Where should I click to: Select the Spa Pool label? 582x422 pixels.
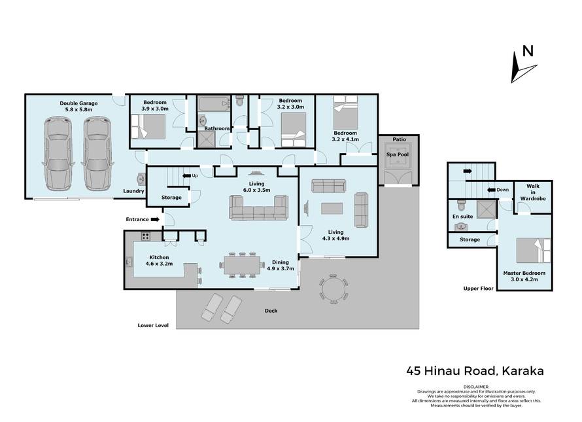tap(398, 154)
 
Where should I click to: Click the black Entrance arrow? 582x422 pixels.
tap(155, 219)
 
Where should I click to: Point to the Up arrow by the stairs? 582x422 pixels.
tap(186, 176)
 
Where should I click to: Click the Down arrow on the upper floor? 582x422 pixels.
tap(491, 190)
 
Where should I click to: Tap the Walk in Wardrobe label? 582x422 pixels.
tap(533, 192)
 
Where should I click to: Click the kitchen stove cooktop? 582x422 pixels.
tap(145, 236)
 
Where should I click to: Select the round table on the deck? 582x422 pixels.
tap(334, 289)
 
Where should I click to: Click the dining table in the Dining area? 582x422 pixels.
tap(242, 265)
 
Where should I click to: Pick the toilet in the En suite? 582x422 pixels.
tap(462, 205)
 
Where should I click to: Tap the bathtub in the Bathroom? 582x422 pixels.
tap(214, 103)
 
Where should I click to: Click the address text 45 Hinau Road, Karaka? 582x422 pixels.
tap(475, 371)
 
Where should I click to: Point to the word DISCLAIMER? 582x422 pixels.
tap(476, 387)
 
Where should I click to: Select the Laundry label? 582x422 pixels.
tap(133, 191)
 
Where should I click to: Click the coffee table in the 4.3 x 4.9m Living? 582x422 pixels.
tap(332, 209)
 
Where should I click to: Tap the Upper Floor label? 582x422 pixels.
tap(479, 289)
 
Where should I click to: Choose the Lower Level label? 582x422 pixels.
tap(153, 325)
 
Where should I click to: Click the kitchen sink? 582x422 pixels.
tap(129, 262)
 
